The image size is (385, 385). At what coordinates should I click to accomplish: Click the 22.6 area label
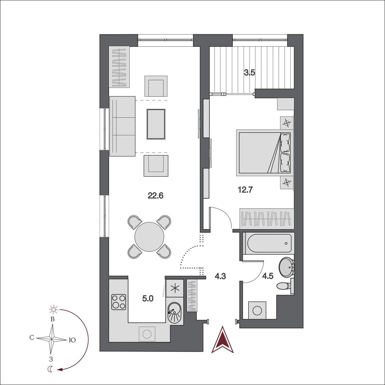(155, 196)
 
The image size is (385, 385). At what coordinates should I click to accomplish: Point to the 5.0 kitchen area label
(148, 298)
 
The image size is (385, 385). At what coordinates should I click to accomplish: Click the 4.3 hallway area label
(220, 277)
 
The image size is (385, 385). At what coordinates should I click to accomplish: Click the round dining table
(149, 237)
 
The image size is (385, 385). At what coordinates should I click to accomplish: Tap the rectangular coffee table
(156, 124)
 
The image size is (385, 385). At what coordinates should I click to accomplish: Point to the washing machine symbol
(257, 310)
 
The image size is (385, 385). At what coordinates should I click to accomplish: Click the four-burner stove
(119, 302)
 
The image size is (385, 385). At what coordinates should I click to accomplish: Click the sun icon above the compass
(54, 310)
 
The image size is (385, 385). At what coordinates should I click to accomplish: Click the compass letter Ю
(72, 340)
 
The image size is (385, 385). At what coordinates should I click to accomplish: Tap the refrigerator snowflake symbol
(175, 288)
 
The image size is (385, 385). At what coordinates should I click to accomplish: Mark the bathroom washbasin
(287, 268)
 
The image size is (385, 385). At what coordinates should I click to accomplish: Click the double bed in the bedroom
(265, 153)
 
